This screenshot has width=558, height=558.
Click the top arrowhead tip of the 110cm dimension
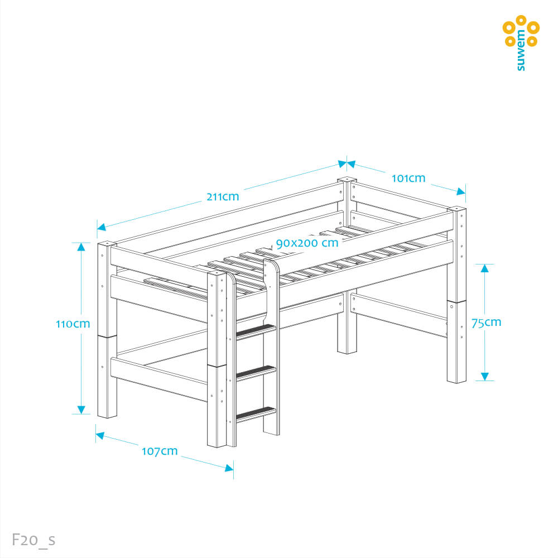81,243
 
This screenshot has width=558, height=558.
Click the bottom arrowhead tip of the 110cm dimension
81,414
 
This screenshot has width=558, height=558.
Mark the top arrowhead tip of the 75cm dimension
485,264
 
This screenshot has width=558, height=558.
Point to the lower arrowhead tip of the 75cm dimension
485,381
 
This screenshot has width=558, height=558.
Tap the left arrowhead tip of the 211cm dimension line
97,228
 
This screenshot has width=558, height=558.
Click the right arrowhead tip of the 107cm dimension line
233,469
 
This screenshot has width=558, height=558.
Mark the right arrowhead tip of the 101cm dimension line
465,194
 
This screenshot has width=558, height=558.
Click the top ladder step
256,331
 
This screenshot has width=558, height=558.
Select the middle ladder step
256,373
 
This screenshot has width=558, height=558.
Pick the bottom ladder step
256,414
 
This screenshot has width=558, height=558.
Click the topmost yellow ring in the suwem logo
521,20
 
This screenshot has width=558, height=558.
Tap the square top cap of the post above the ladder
217,273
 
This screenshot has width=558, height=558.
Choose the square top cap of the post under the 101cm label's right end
457,209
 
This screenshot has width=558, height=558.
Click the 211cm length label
223,196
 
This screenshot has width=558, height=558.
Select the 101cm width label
408,178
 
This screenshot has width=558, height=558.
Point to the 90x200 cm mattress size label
307,243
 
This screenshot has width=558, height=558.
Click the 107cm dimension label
160,451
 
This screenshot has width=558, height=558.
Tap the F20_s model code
34,540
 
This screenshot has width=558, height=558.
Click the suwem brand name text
521,50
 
